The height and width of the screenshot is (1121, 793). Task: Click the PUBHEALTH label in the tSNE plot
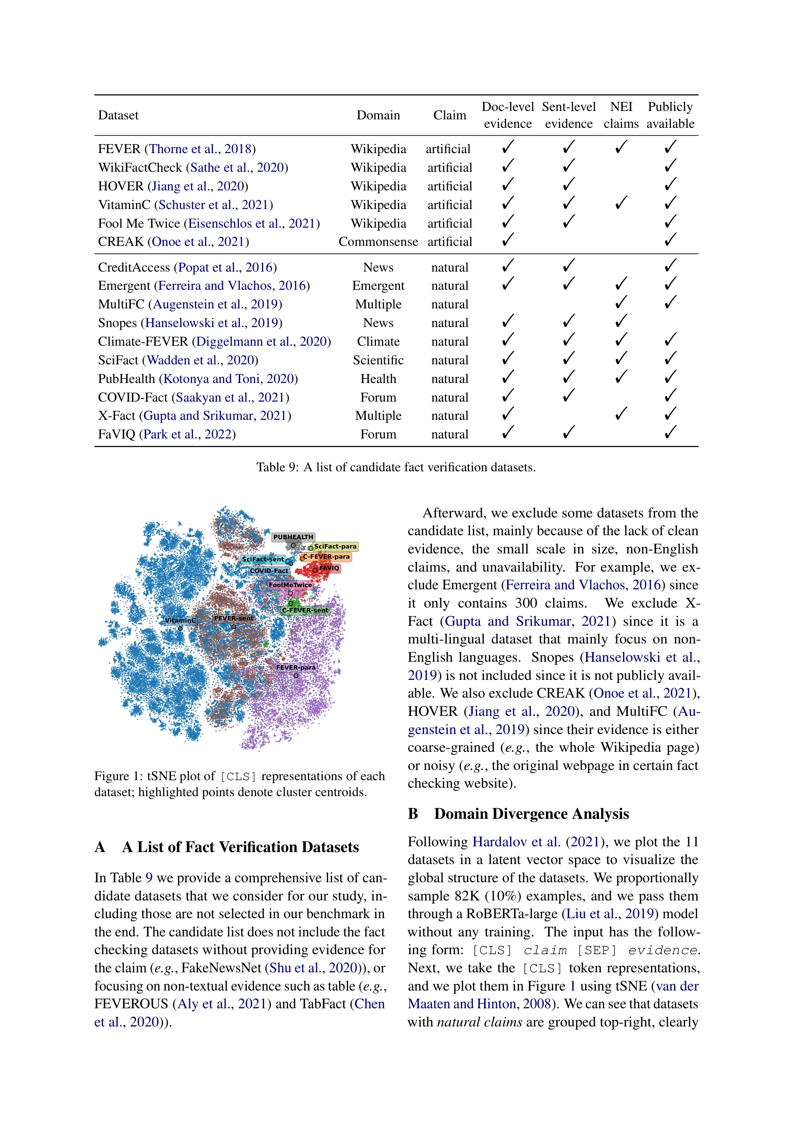tap(293, 537)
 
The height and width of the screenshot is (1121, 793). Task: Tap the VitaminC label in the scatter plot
tap(180, 620)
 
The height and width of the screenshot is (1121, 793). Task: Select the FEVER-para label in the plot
tap(296, 667)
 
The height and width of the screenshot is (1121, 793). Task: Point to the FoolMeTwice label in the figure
tap(290, 584)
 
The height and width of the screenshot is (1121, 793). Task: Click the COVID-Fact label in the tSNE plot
tap(269, 570)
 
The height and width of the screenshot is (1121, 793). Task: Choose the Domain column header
tap(378, 115)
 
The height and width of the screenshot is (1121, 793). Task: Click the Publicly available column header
tap(670, 115)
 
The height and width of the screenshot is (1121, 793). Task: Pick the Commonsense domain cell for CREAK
tap(378, 242)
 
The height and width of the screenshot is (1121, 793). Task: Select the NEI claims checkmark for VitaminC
tap(621, 203)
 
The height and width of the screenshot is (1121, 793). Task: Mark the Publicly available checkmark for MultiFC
tap(670, 303)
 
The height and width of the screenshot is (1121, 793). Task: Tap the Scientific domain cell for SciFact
tap(378, 360)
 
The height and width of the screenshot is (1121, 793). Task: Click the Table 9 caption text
tap(396, 467)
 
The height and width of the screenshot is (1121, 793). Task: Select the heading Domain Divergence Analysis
tap(531, 813)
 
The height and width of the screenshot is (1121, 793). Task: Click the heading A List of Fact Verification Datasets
tap(240, 847)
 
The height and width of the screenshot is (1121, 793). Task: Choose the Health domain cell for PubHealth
tap(378, 379)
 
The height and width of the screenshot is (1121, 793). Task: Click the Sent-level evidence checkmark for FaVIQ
tap(568, 433)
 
